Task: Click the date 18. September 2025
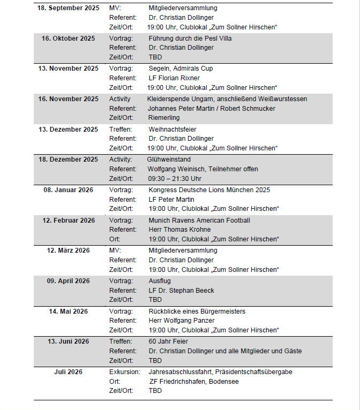tap(68, 8)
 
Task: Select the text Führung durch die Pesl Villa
tap(190, 39)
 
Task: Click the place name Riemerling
tap(164, 118)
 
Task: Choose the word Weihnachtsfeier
tap(172, 129)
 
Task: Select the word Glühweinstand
tap(169, 160)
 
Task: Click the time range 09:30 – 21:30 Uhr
tap(175, 179)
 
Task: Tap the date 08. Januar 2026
tap(68, 189)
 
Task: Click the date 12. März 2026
tap(68, 250)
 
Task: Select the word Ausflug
tap(160, 281)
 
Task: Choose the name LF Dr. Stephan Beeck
tap(181, 291)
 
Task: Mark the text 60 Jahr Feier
tap(168, 341)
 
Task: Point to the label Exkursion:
tap(125, 371)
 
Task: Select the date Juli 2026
tap(68, 371)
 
